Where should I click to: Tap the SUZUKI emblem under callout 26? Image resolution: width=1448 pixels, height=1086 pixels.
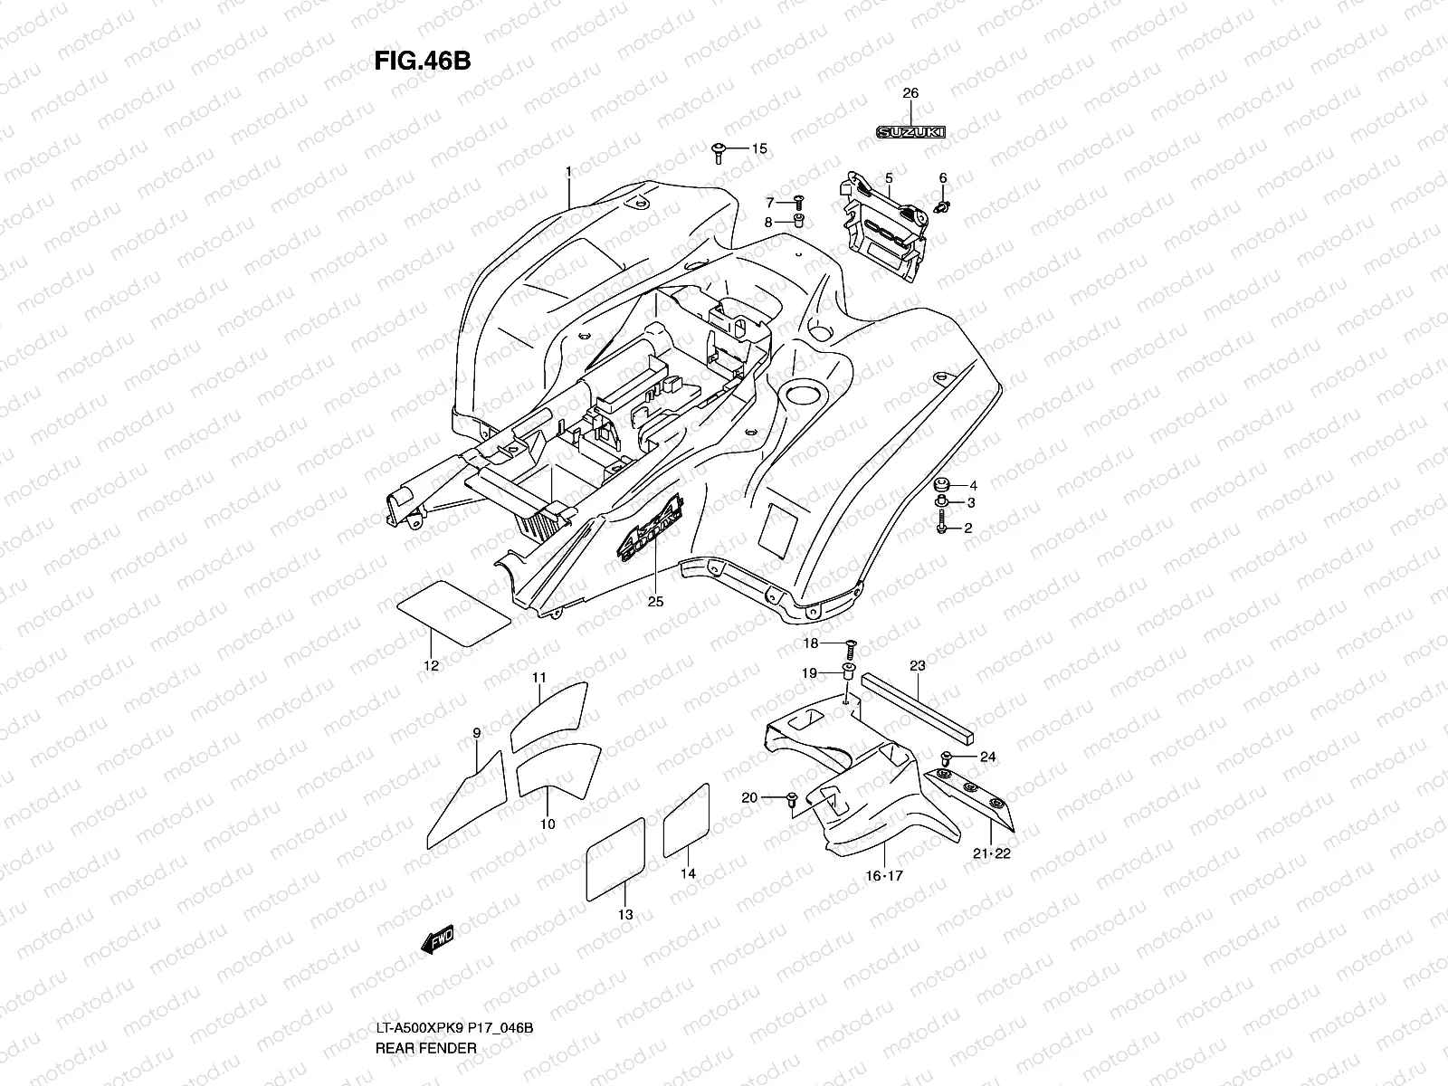[910, 132]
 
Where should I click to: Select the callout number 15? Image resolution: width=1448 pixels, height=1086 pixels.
[758, 148]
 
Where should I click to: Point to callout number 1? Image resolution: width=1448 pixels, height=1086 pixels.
[568, 171]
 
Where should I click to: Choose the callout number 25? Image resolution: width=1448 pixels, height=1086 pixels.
[655, 601]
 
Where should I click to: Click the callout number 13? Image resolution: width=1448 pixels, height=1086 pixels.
[625, 915]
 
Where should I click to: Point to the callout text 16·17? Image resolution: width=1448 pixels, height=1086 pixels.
[884, 875]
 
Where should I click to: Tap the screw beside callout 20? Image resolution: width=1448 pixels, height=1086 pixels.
[790, 798]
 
